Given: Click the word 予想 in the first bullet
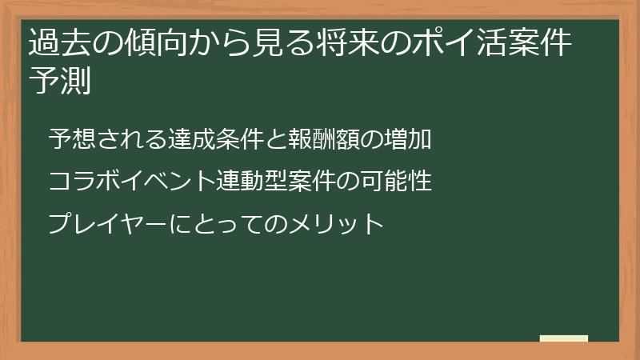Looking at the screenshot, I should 69,139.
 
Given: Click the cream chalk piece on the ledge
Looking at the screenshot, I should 564,338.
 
